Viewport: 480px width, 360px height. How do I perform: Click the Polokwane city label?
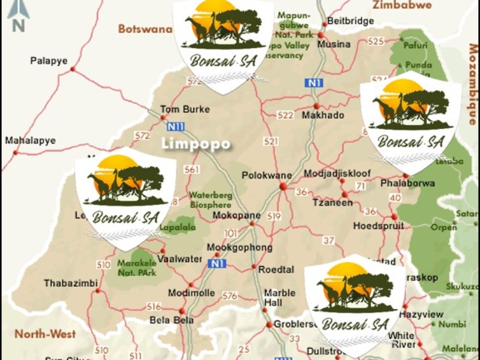click(x=266, y=176)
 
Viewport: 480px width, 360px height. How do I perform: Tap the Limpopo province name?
click(x=195, y=144)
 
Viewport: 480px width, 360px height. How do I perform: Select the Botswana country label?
click(x=145, y=29)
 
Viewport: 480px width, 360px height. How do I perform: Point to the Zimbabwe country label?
click(x=402, y=5)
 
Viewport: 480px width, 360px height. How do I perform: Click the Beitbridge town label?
click(x=350, y=21)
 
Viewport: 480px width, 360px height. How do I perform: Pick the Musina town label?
click(x=334, y=44)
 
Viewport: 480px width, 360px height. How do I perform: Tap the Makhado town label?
click(x=323, y=115)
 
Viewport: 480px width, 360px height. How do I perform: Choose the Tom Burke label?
click(x=176, y=109)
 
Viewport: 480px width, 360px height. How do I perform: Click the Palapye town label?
click(x=49, y=61)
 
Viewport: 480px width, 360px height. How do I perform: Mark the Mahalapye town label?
click(x=30, y=140)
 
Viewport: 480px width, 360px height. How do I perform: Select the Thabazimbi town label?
click(x=67, y=283)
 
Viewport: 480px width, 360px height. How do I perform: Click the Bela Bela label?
click(x=172, y=320)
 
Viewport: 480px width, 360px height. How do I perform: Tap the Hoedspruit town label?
click(x=378, y=226)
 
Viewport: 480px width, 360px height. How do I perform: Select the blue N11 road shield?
click(x=176, y=127)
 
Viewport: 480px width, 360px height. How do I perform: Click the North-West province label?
click(x=45, y=334)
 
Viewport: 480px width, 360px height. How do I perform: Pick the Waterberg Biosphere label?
click(x=211, y=199)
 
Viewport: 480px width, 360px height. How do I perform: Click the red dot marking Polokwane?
click(x=283, y=187)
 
